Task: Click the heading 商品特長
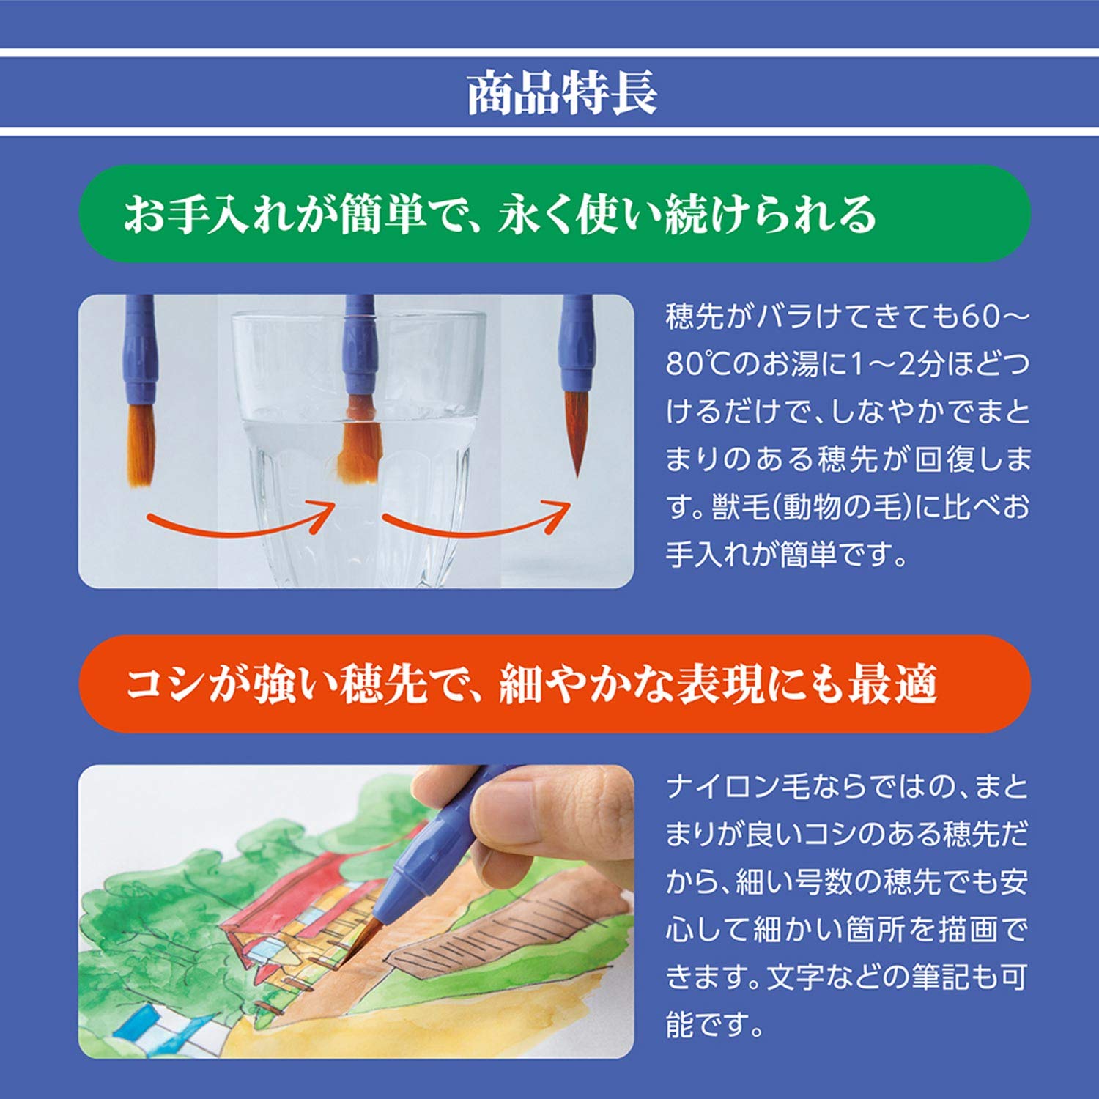[562, 93]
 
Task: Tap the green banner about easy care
[554, 214]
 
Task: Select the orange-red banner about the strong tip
[554, 684]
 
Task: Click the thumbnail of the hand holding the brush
[356, 911]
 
